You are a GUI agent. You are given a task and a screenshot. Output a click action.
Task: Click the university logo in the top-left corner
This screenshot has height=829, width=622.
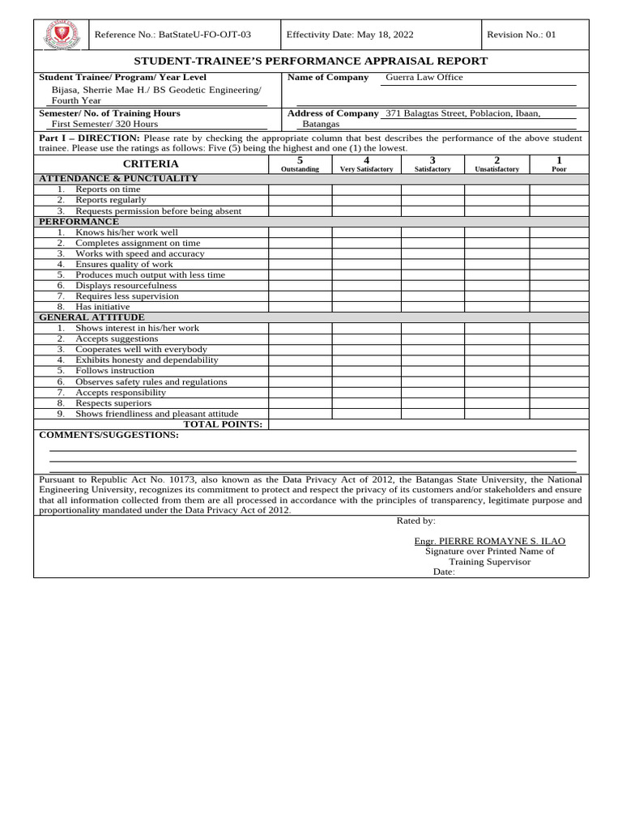tap(60, 35)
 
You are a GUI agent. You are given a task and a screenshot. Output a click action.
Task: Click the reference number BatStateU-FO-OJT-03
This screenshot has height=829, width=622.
tap(173, 35)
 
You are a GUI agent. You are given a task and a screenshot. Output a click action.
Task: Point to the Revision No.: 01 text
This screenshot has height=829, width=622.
tap(522, 35)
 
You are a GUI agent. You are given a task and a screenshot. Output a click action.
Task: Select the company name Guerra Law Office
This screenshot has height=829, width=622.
tap(424, 78)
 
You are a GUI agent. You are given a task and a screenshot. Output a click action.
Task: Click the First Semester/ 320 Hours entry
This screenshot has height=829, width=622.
tap(105, 124)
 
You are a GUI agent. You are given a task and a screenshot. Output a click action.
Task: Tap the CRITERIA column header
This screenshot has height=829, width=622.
tap(151, 164)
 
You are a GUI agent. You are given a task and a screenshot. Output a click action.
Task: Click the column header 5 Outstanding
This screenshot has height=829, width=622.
tap(300, 164)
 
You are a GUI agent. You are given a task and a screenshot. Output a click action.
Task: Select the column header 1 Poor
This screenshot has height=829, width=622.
tap(559, 164)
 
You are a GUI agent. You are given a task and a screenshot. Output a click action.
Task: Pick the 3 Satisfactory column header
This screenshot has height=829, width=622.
tap(432, 164)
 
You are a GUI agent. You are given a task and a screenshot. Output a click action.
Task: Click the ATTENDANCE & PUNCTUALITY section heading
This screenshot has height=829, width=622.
tap(118, 178)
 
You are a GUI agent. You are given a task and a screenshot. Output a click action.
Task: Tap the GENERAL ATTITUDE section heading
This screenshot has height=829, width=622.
tap(92, 317)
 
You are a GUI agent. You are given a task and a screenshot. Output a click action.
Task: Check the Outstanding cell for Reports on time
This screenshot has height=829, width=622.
tap(300, 189)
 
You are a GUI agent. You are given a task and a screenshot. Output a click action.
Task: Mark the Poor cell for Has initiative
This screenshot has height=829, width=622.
tap(559, 307)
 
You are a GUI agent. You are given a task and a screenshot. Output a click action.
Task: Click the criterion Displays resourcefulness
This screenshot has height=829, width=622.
tap(126, 286)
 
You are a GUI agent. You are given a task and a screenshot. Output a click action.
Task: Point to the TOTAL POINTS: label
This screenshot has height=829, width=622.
tap(223, 424)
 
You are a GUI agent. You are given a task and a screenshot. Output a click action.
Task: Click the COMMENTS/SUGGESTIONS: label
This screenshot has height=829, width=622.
tap(109, 436)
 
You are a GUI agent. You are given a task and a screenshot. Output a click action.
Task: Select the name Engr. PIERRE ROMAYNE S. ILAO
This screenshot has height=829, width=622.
tap(489, 541)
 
